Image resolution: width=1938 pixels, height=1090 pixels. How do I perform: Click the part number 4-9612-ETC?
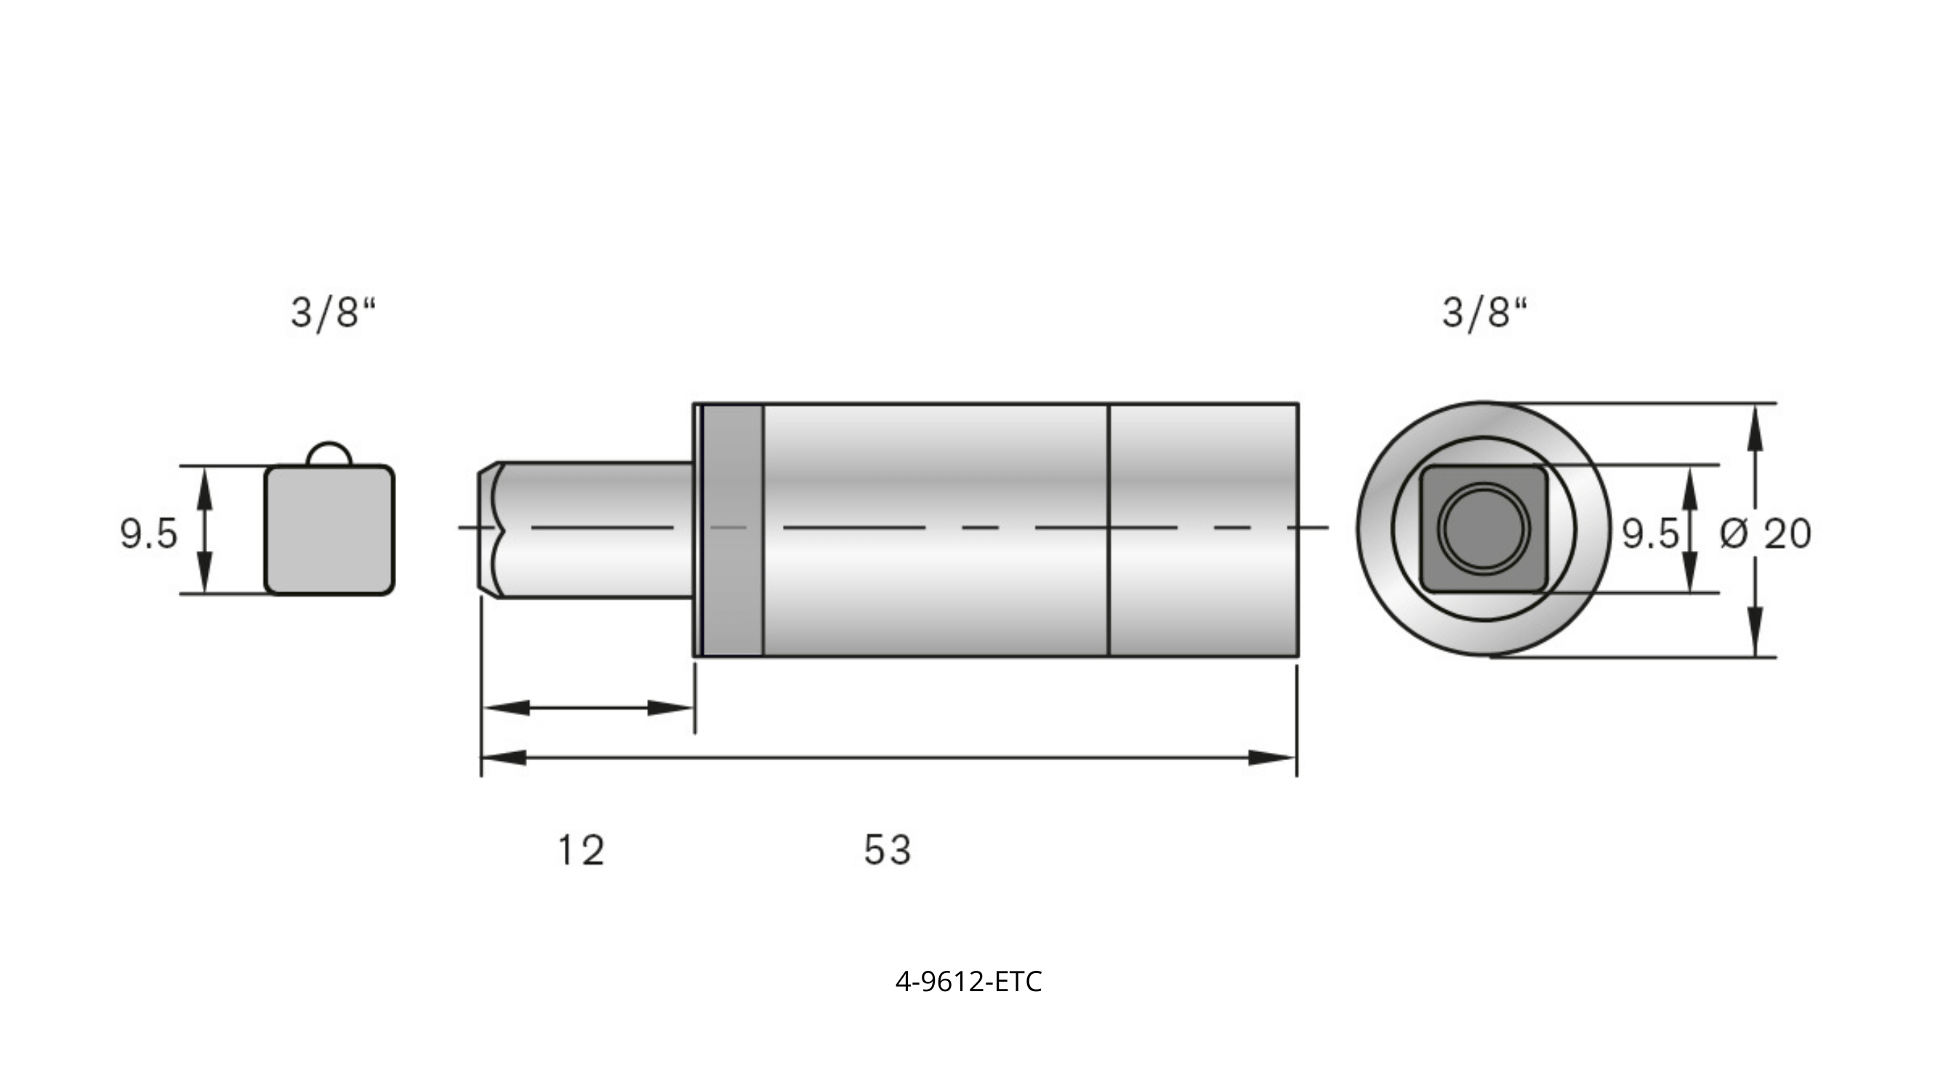[968, 982]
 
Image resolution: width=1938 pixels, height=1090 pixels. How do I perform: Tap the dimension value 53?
[887, 850]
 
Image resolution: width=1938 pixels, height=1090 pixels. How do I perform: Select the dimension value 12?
[581, 850]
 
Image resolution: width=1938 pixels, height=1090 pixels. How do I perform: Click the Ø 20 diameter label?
[1765, 534]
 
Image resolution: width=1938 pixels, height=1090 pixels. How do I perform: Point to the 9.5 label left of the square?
[148, 533]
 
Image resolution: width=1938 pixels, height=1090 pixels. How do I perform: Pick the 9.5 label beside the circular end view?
[1649, 533]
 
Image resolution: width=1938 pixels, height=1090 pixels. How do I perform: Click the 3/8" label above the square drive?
[332, 313]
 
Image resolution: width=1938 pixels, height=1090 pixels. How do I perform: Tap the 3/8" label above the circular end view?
[1484, 313]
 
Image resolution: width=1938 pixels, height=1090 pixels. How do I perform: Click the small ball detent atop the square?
[329, 453]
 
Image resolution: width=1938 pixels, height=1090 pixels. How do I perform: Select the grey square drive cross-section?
[329, 530]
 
